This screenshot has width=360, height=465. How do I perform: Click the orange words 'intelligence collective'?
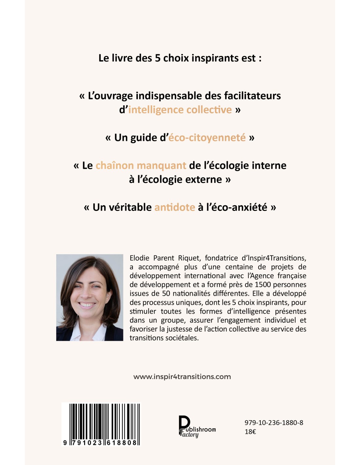pyautogui.click(x=180, y=110)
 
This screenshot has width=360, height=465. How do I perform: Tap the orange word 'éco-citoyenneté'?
pyautogui.click(x=207, y=138)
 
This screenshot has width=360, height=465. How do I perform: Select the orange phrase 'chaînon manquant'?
pyautogui.click(x=141, y=165)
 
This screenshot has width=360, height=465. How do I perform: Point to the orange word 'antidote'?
pyautogui.click(x=174, y=207)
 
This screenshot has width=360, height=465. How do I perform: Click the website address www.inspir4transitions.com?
pyautogui.click(x=182, y=377)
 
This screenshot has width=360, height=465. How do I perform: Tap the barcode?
pyautogui.click(x=101, y=424)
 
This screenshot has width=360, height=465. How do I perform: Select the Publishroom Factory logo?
pyautogui.click(x=197, y=427)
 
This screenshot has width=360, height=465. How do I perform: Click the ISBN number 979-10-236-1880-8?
pyautogui.click(x=274, y=423)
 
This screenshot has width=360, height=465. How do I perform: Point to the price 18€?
pyautogui.click(x=250, y=432)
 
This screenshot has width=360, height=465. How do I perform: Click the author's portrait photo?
pyautogui.click(x=90, y=298)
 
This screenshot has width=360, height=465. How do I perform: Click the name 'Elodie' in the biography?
pyautogui.click(x=139, y=258)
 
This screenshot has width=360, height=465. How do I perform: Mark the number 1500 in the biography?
pyautogui.click(x=263, y=284)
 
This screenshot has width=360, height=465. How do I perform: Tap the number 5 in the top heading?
pyautogui.click(x=157, y=58)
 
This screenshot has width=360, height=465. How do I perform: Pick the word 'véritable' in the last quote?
pyautogui.click(x=122, y=207)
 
